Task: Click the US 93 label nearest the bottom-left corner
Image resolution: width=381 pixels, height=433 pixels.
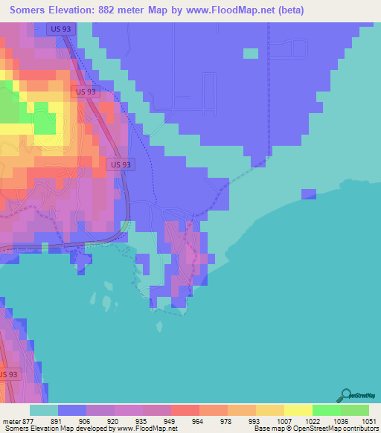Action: [x=8, y=375]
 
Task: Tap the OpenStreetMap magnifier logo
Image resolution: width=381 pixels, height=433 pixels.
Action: [x=345, y=394]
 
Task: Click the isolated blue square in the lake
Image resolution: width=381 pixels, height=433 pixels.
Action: [x=309, y=194]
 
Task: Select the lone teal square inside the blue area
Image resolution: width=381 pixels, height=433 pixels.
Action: [x=251, y=53]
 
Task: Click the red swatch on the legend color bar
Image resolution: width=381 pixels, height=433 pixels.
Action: [x=185, y=410]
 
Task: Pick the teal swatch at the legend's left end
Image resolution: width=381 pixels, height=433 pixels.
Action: [x=44, y=410]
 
